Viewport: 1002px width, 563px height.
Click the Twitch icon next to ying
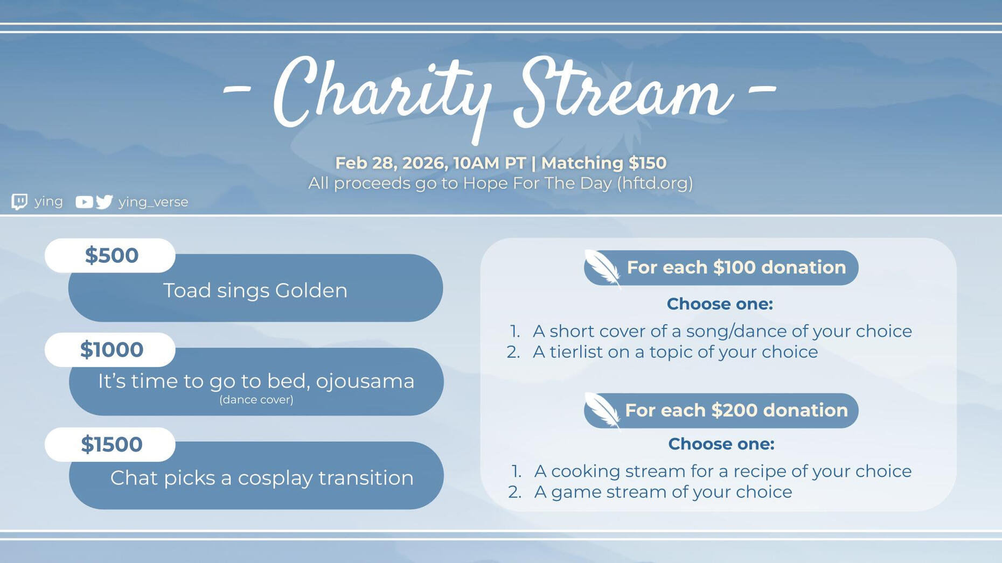(19, 202)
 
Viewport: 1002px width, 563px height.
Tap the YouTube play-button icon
(84, 202)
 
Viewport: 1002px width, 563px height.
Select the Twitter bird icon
(105, 202)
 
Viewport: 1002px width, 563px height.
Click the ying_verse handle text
(154, 202)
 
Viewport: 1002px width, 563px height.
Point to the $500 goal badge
(110, 255)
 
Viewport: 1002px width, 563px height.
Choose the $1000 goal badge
(110, 350)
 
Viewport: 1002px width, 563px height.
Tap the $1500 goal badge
(110, 445)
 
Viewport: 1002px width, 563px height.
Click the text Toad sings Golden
(255, 291)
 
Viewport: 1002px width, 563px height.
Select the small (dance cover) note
(256, 399)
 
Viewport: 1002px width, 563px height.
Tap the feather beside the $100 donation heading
(603, 268)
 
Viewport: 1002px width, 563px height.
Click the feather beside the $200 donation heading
(603, 411)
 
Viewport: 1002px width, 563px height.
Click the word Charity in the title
(382, 97)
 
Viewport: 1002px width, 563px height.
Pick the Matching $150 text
(604, 163)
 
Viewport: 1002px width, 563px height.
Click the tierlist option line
(662, 352)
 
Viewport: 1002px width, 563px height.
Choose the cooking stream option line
(710, 471)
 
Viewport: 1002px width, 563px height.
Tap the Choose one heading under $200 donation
(721, 444)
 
